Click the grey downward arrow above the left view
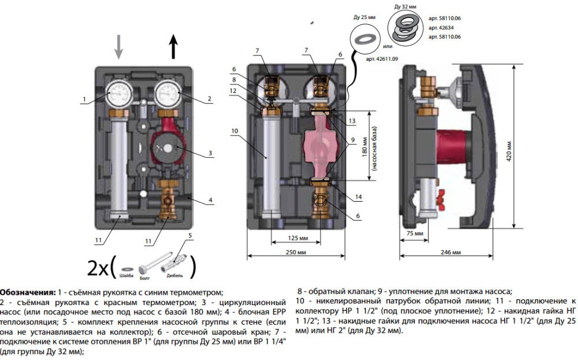click(118, 47)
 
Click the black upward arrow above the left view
click(173, 47)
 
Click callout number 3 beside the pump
click(210, 154)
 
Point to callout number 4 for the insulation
click(210, 201)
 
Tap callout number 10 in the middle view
click(234, 131)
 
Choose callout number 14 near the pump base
click(358, 197)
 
